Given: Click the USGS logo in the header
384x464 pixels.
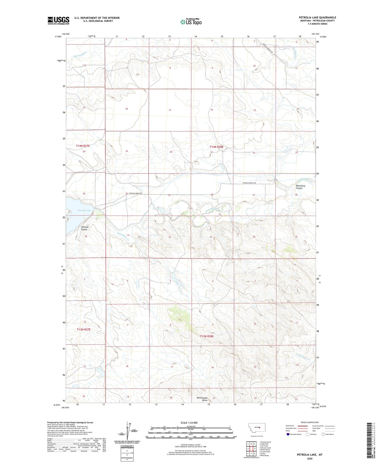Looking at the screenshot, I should tap(58, 20).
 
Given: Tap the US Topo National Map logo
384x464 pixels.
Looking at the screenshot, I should tap(191, 22).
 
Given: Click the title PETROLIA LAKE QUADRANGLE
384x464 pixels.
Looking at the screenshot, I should tap(317, 17).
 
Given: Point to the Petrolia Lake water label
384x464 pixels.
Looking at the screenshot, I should tap(84, 210).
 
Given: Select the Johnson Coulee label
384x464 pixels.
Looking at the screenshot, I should tap(84, 228).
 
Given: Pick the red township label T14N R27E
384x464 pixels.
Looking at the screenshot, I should tap(83, 146).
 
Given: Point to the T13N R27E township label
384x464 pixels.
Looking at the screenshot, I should tap(84, 329).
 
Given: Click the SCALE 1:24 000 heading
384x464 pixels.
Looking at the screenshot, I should tap(189, 423).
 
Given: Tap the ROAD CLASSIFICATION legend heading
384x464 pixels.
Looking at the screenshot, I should tap(310, 422).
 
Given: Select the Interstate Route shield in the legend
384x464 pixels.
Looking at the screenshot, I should tap(288, 434).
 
